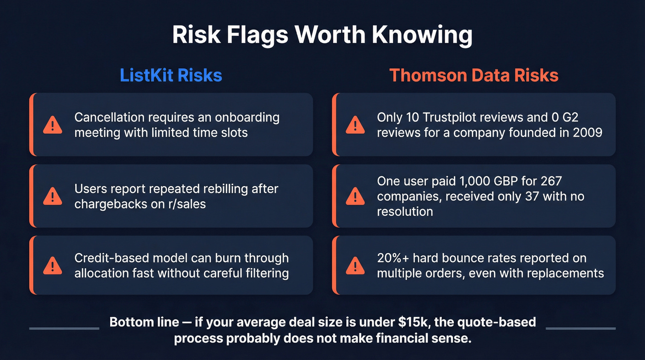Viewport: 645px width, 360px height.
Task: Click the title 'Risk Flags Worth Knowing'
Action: click(322, 35)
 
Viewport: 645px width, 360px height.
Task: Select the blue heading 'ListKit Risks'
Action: click(171, 75)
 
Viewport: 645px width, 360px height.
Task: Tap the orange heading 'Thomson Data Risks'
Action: click(474, 75)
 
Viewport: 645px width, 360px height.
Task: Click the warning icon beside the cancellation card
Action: click(53, 124)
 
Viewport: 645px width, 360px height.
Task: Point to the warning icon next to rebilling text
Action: click(53, 196)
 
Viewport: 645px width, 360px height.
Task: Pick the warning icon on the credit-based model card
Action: click(53, 266)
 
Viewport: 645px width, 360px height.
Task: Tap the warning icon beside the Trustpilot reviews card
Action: click(355, 124)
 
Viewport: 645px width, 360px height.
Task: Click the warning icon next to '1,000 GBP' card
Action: click(355, 196)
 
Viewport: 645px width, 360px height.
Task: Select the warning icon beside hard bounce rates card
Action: click(355, 266)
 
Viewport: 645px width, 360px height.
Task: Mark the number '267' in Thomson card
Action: click(548, 181)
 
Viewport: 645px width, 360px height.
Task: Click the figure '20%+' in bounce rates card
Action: click(392, 258)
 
